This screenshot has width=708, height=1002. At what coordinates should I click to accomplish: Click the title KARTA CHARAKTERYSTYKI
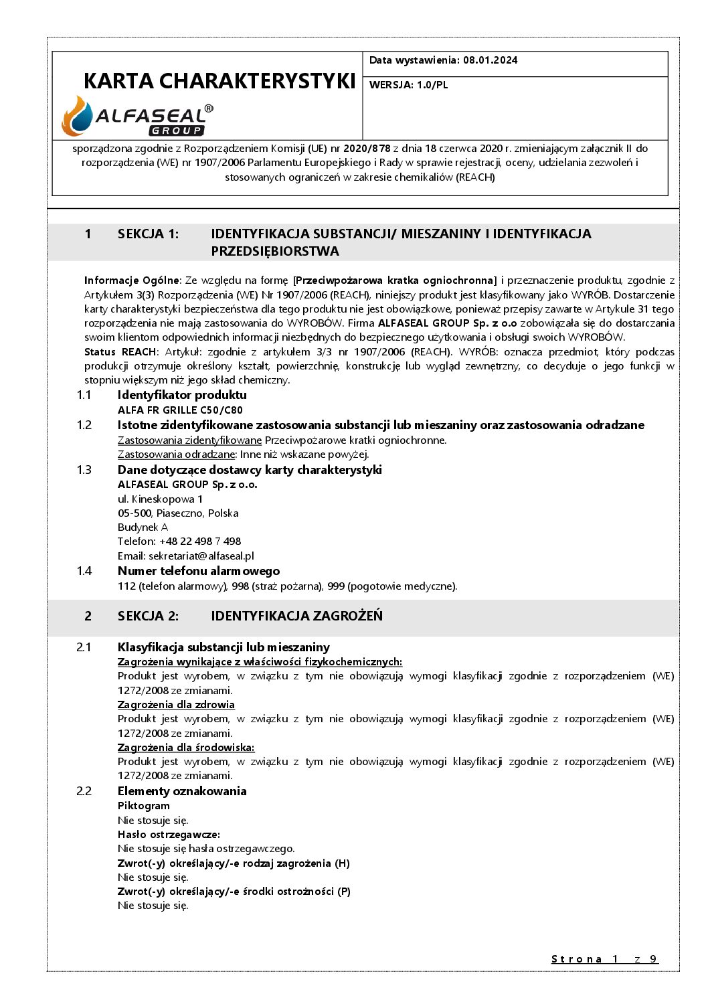[x=219, y=81]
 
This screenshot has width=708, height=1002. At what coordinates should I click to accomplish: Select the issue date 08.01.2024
[x=491, y=60]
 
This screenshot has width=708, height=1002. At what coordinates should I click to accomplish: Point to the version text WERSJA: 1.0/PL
[x=408, y=85]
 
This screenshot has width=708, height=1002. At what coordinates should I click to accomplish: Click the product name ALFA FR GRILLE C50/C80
[x=180, y=410]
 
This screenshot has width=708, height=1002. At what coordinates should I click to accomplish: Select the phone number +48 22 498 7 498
[x=200, y=541]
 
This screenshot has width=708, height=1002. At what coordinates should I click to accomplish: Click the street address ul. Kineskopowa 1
[x=161, y=499]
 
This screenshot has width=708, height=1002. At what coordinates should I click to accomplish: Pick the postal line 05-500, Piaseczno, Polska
[x=178, y=513]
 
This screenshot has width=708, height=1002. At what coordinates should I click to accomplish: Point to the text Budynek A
[x=143, y=527]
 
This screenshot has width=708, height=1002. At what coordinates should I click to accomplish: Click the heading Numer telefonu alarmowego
[x=199, y=571]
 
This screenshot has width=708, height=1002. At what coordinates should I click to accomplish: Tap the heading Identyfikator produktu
[x=182, y=395]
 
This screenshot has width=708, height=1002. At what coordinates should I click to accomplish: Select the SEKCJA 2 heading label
[x=148, y=616]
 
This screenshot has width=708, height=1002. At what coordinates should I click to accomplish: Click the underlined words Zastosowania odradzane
[x=176, y=454]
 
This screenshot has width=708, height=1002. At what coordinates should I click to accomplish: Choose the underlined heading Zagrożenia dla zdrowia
[x=176, y=705]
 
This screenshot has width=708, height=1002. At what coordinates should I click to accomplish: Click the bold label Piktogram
[x=144, y=806]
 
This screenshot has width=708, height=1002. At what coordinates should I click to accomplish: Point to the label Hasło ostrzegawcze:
[x=169, y=835]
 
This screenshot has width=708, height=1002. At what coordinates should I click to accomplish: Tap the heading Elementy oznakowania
[x=182, y=791]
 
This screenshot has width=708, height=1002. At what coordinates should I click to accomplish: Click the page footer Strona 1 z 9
[x=604, y=959]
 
